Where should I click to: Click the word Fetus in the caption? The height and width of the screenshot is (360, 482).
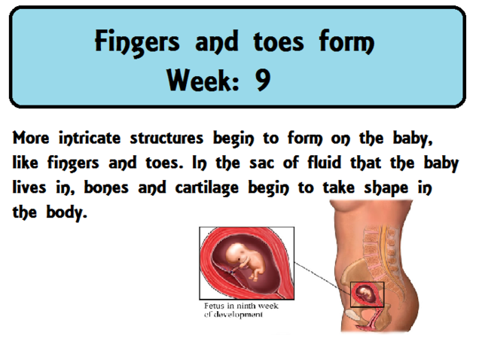coord(215,307)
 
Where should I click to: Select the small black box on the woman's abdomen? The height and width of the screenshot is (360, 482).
coord(368,294)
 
